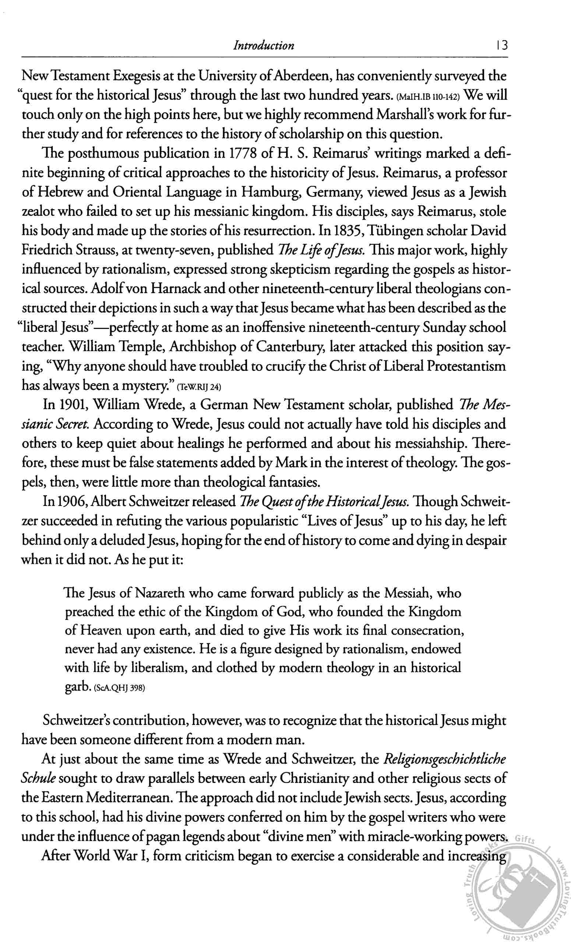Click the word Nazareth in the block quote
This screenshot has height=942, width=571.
pyautogui.click(x=159, y=593)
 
